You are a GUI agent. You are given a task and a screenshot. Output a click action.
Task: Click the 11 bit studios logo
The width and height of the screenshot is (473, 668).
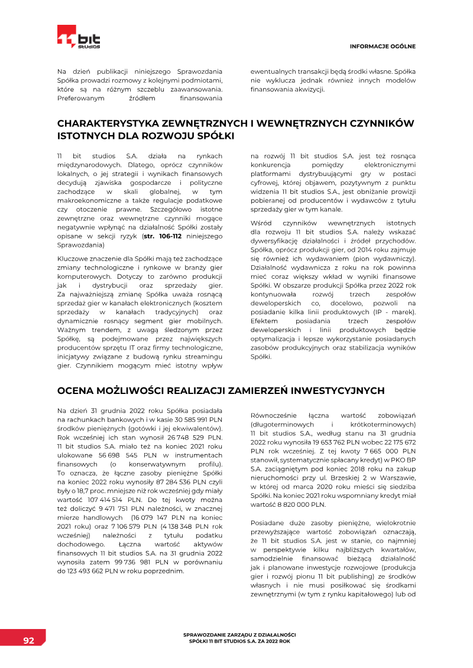pos(79,37)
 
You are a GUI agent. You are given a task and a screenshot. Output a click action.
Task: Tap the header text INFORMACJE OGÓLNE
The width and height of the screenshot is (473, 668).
pos(383,46)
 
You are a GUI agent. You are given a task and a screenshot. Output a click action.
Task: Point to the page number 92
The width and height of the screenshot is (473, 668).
pos(28,640)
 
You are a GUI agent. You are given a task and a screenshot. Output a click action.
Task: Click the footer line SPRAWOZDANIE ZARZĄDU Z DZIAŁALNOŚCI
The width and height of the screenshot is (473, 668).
pos(240,634)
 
